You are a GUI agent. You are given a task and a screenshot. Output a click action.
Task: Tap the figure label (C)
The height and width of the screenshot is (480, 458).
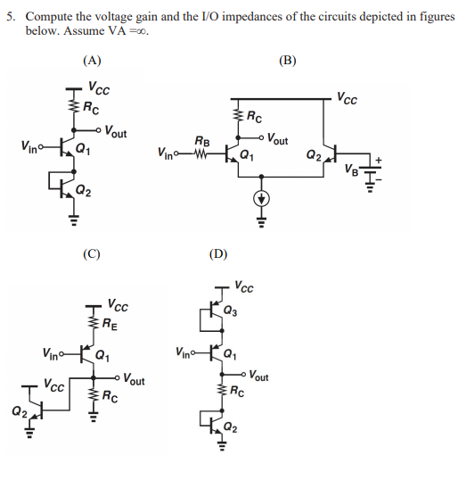pyautogui.click(x=93, y=253)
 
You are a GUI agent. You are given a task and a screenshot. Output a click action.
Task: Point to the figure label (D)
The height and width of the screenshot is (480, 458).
pyautogui.click(x=217, y=253)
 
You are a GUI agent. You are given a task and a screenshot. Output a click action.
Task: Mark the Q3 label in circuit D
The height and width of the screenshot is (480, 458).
pyautogui.click(x=232, y=311)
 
